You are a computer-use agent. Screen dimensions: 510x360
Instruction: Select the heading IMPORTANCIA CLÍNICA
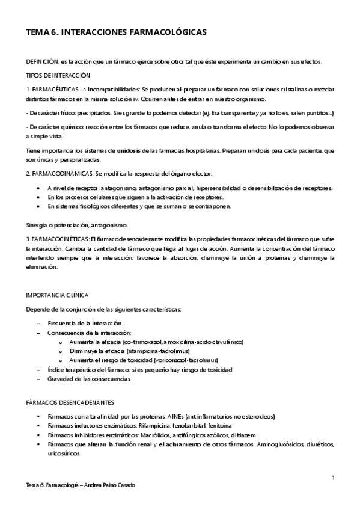tap(56, 295)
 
